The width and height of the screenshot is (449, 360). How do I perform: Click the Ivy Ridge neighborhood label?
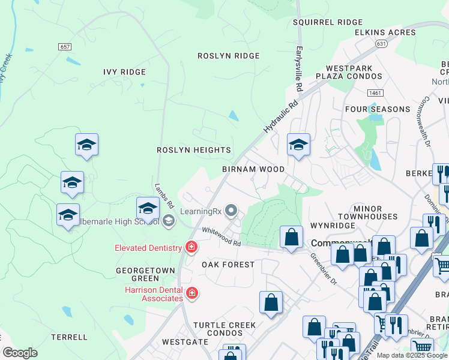point(124,72)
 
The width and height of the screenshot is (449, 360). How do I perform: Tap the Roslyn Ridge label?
point(229,56)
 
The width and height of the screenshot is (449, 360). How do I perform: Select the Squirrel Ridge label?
point(328,22)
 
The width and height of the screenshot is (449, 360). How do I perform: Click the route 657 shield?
point(65,46)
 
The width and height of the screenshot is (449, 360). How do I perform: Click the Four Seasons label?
point(378,109)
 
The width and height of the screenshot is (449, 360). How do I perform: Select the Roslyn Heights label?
point(194,150)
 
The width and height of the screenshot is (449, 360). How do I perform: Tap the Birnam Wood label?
point(253,169)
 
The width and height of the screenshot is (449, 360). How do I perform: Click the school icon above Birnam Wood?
point(298,145)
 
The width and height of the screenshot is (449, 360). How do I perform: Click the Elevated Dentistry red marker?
point(191,247)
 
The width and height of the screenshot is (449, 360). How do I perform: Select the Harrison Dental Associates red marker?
point(192,293)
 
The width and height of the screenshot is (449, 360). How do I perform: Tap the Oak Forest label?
point(228,265)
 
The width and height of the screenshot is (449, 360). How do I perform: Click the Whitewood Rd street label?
point(221,237)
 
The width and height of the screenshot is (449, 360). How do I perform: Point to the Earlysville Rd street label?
point(298,70)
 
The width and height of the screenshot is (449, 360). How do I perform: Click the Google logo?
point(20,353)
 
